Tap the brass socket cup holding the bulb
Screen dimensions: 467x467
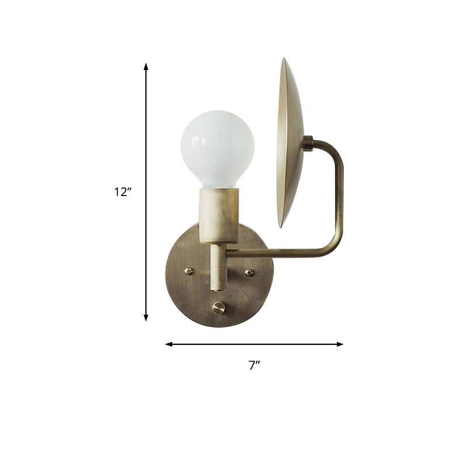(219, 214)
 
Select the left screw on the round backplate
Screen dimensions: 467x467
(189, 271)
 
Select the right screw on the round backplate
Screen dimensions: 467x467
(249, 272)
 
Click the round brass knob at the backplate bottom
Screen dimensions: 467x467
(219, 308)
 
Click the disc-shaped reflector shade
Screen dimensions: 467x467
(291, 143)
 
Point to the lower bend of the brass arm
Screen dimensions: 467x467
(334, 248)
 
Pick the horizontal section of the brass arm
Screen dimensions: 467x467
(280, 253)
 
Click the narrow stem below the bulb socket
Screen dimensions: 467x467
(217, 266)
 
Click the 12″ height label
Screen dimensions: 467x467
(123, 191)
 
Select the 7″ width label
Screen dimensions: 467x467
(254, 365)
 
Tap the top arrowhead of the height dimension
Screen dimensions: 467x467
(146, 66)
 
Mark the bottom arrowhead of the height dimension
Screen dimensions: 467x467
(146, 318)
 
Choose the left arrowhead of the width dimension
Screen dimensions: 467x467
(169, 344)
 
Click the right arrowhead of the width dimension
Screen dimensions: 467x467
(340, 344)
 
